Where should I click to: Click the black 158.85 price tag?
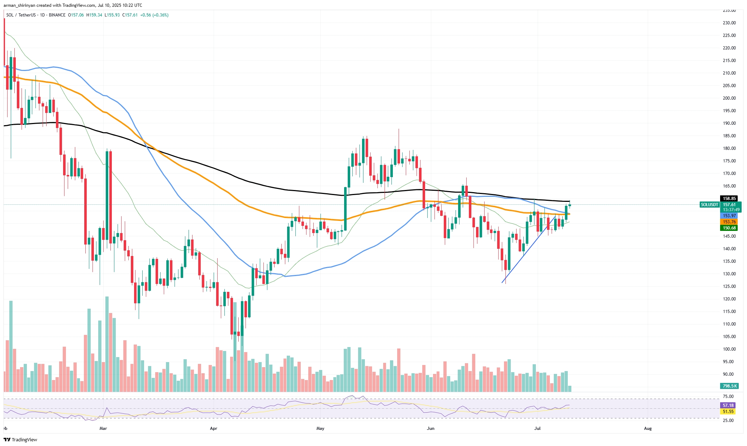point(729,198)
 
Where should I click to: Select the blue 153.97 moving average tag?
point(729,216)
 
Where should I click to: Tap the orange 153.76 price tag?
point(729,222)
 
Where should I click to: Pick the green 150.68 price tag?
point(729,228)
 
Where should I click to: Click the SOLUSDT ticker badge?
point(709,205)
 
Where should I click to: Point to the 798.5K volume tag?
point(729,386)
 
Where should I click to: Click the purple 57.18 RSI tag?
point(728,405)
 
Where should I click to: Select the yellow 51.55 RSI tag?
point(728,412)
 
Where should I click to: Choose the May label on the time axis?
point(320,428)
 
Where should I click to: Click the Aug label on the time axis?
point(648,428)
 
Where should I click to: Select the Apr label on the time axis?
point(214,428)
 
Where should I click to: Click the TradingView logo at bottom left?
point(20,440)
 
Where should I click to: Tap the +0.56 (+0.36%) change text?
point(154,15)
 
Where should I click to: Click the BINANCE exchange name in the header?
point(57,15)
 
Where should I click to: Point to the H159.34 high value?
point(94,15)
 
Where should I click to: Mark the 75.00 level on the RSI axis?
point(728,397)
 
